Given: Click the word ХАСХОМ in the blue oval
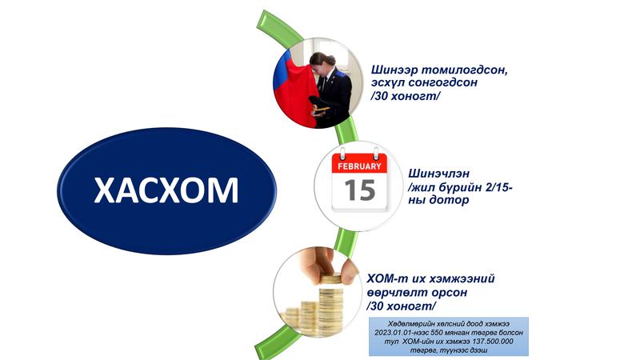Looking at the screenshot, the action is pos(166,190).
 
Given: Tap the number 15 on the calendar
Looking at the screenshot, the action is pos(359,190).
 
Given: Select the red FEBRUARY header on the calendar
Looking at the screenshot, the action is pos(359,166).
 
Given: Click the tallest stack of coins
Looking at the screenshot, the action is pos(330,304).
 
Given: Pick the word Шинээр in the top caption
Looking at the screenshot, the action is pos(394,70).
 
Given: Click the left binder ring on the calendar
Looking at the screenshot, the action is pos(343,154).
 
